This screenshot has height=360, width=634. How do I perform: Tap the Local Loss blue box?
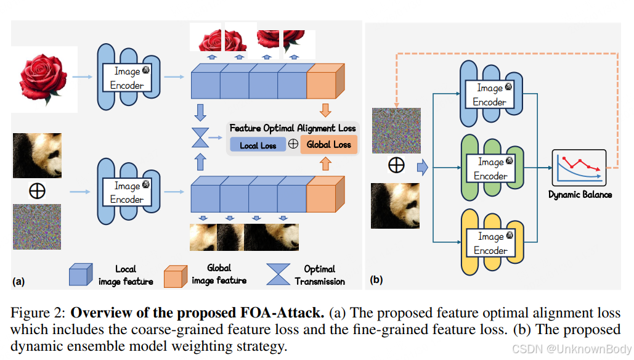(x=258, y=145)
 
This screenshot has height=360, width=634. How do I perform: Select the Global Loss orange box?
(x=328, y=144)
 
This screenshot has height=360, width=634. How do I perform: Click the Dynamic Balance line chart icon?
(x=579, y=167)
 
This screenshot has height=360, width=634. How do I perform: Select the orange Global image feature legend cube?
(x=176, y=275)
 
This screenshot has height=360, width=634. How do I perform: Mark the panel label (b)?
(x=376, y=280)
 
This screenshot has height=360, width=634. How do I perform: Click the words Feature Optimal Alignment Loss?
(x=293, y=128)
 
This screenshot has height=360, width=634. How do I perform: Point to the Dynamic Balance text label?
(x=580, y=194)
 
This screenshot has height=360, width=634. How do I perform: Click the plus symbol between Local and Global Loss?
(x=293, y=144)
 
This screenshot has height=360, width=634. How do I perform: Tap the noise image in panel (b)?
(x=396, y=130)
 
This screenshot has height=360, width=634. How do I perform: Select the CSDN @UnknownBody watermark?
(x=572, y=350)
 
